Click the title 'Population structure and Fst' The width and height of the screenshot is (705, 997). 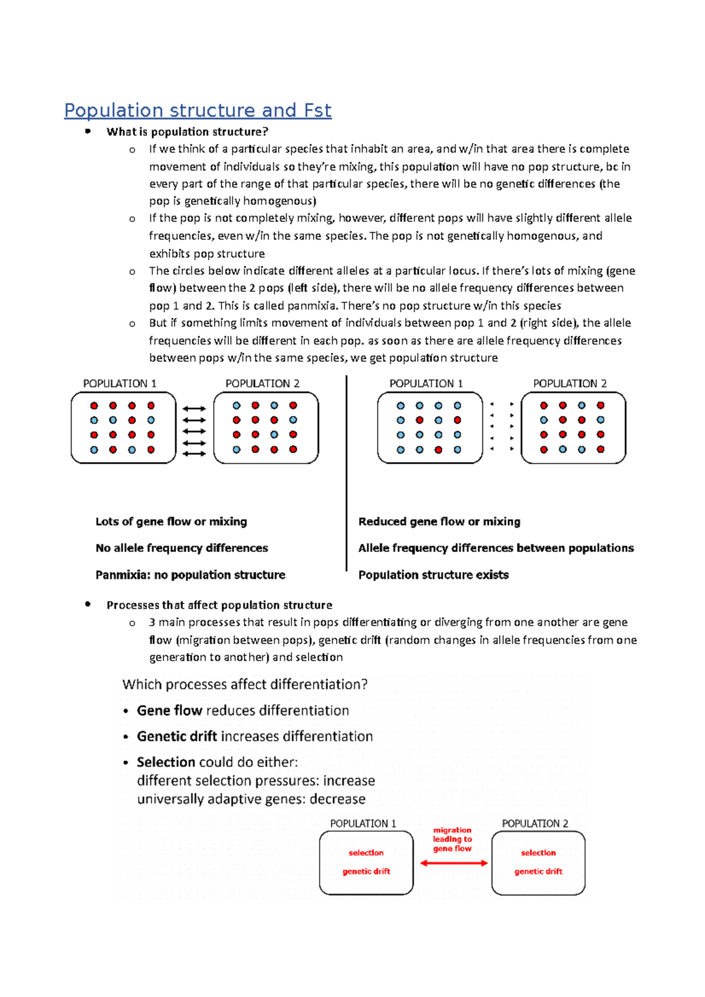point(197,110)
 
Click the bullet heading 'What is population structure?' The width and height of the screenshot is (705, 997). point(187,132)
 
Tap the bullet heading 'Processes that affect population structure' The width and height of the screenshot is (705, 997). point(219,605)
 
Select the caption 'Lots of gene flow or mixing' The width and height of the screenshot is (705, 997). point(171,521)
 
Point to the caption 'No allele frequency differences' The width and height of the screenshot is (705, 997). point(182,548)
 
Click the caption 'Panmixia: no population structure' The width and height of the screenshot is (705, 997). point(190,575)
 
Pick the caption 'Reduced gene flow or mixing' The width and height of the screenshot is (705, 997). point(439,521)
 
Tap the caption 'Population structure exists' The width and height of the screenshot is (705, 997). point(433,575)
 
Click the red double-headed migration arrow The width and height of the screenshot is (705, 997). point(454,863)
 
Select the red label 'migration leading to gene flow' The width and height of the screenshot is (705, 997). point(452,839)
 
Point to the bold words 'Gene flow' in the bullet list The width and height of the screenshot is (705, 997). point(169,710)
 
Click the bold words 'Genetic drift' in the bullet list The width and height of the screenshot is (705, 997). point(177,736)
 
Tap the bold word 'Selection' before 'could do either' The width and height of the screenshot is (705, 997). point(166,762)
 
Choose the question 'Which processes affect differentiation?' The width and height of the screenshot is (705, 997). point(245,685)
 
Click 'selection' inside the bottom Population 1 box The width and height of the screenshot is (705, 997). point(366,853)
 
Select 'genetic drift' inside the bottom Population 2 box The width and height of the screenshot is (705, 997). point(538,871)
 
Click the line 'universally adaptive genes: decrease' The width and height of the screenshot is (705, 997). point(251,799)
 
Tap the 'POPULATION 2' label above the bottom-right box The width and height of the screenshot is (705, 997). point(535,823)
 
